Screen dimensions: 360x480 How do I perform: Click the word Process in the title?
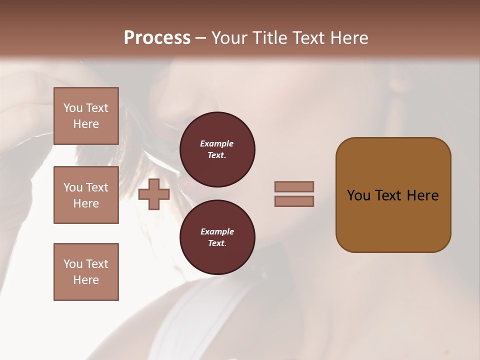click(x=157, y=38)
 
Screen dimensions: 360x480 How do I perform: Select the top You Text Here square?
click(x=86, y=116)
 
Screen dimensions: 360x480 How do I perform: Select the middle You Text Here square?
click(x=86, y=195)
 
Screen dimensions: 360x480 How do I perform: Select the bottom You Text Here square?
click(x=86, y=272)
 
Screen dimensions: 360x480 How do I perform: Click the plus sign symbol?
click(x=154, y=194)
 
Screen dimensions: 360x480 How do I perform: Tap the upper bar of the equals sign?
click(x=294, y=186)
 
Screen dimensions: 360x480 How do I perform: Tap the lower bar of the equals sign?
click(x=294, y=201)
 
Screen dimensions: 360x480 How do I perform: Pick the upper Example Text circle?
click(x=217, y=149)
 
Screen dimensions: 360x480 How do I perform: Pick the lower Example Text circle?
click(x=217, y=237)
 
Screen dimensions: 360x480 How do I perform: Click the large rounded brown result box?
click(x=393, y=220)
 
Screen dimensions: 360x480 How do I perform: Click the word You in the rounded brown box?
click(x=358, y=195)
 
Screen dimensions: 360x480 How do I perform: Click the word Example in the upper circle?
click(x=217, y=143)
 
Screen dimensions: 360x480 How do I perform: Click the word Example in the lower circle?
click(x=217, y=231)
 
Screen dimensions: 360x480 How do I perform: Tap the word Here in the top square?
click(x=86, y=124)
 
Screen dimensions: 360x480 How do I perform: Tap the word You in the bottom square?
click(x=73, y=264)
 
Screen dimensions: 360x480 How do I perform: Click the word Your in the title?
click(x=230, y=38)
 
